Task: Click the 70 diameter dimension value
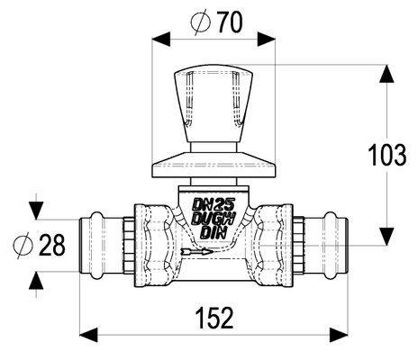[230, 22]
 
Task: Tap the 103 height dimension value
[387, 155]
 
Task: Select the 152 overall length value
[214, 318]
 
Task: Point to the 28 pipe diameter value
[52, 245]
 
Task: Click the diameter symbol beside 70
[200, 22]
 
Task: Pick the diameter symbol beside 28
[23, 246]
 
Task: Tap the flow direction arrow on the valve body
[197, 251]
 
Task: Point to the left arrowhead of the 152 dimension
[88, 335]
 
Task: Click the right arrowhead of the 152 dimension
[339, 335]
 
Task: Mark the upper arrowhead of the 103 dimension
[386, 74]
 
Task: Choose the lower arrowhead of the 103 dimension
[386, 237]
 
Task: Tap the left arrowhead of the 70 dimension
[161, 38]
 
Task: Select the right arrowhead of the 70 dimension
[267, 38]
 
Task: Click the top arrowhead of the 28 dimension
[36, 211]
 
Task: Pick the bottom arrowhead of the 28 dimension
[36, 281]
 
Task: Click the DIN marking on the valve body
[214, 233]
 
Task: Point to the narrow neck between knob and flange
[214, 148]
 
